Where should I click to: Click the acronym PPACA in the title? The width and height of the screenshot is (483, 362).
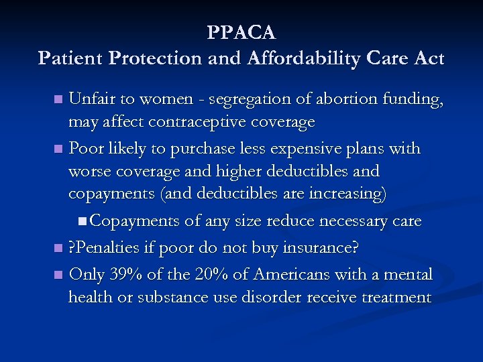pyautogui.click(x=241, y=32)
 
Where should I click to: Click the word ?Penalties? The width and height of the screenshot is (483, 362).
pyautogui.click(x=105, y=247)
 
